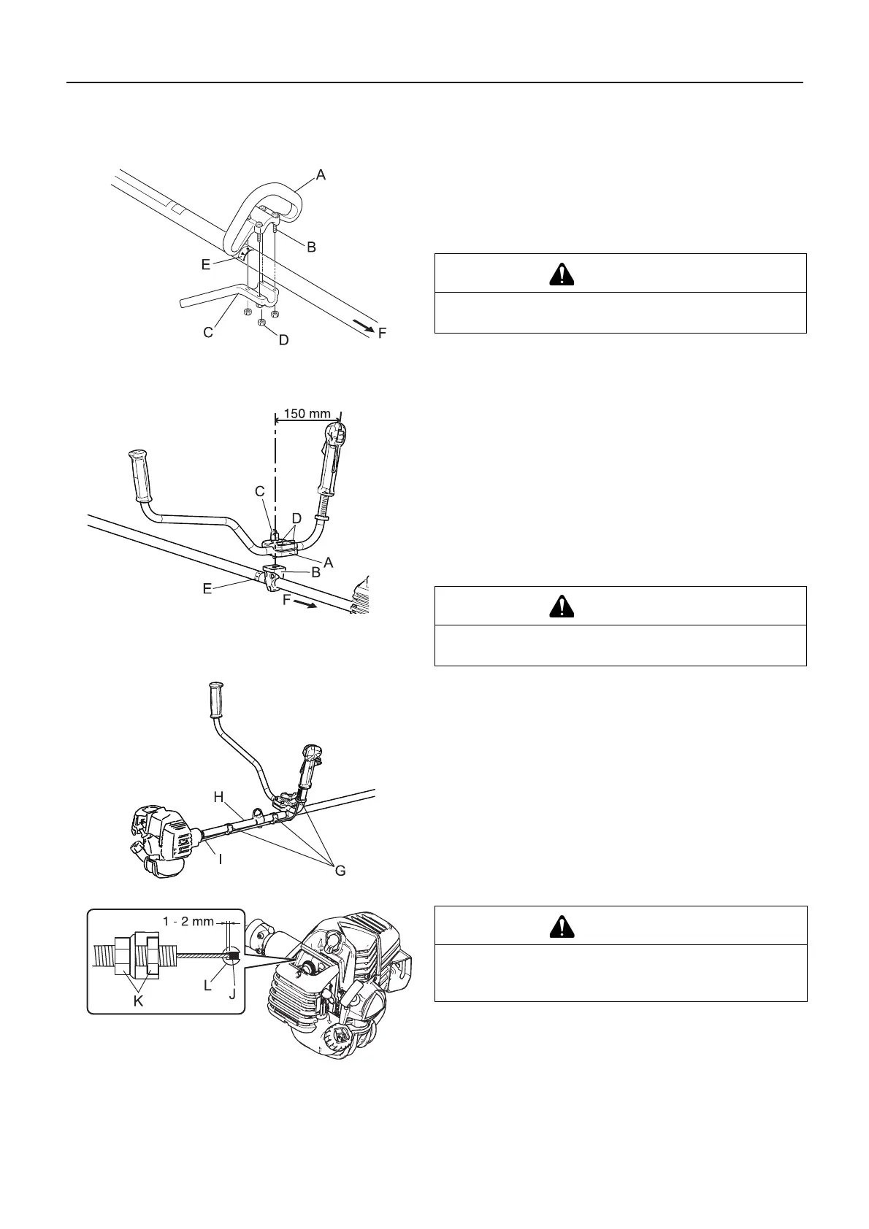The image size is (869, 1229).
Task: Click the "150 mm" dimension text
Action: coord(307,413)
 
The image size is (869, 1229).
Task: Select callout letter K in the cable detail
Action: coord(138,1002)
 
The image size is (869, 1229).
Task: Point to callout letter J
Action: coord(232,993)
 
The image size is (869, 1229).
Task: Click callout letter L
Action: coord(208,985)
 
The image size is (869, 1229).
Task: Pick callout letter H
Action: coord(218,797)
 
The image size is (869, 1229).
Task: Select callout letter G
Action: coord(340,870)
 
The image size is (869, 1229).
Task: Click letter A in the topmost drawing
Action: coord(320,174)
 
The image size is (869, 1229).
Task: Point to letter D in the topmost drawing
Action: coord(283,339)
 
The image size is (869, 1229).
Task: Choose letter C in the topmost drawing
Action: coord(208,332)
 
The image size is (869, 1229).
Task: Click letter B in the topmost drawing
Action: coord(311,247)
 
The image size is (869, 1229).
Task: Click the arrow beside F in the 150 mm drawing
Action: coord(310,604)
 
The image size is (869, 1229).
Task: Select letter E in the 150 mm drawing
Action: coord(207,587)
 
